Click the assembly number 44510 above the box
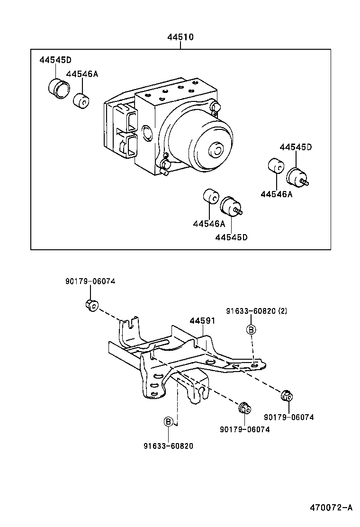180,37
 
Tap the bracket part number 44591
203,321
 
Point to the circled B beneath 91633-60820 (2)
251,330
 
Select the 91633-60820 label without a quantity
168,445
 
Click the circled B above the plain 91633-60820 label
168,421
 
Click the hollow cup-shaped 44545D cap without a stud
59,89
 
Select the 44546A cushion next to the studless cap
82,101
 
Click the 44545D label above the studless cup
55,60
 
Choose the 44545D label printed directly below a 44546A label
231,237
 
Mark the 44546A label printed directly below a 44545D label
276,194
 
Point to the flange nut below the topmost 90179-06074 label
91,306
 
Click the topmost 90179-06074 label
90,282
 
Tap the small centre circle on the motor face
217,151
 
